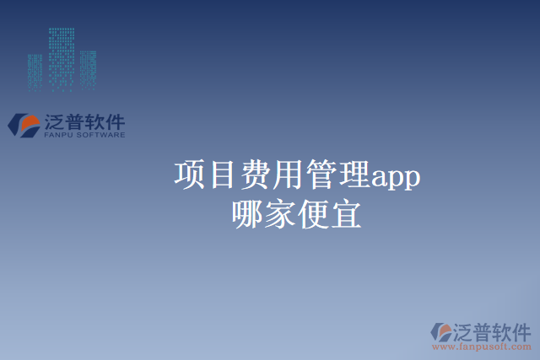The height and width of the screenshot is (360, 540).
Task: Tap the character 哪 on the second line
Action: (248, 214)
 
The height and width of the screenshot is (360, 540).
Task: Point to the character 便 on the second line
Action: (314, 214)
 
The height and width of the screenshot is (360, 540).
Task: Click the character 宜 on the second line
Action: (347, 214)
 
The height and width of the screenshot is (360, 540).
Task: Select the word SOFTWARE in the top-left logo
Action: (101, 135)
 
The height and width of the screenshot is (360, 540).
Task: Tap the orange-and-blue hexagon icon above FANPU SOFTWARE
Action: (24, 125)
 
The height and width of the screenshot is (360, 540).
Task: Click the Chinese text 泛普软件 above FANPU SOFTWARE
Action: (83, 121)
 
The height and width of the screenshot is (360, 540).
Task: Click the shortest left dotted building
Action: (35, 73)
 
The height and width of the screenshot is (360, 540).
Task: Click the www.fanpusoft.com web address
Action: (482, 346)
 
